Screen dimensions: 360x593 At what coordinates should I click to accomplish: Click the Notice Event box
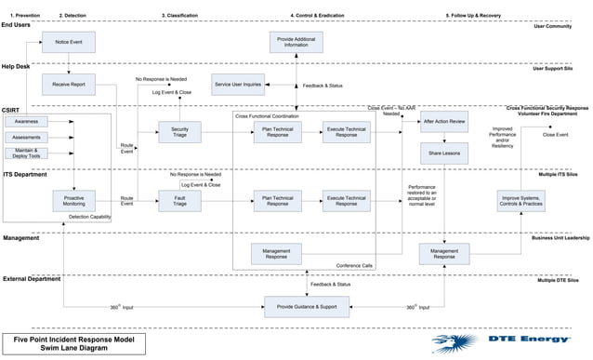(x=68, y=42)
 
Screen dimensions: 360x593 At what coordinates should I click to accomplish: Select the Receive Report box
(x=68, y=85)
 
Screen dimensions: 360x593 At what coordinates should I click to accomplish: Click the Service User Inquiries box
(x=237, y=85)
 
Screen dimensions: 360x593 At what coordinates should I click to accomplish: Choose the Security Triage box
(x=179, y=132)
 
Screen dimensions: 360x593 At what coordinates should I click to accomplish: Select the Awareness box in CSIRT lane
(x=26, y=122)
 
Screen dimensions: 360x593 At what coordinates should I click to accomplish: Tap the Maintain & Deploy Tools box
(x=26, y=152)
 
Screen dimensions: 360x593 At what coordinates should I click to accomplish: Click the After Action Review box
(x=444, y=122)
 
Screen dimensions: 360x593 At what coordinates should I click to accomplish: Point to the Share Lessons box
(x=444, y=152)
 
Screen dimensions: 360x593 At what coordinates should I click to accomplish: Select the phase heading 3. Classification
(x=179, y=16)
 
